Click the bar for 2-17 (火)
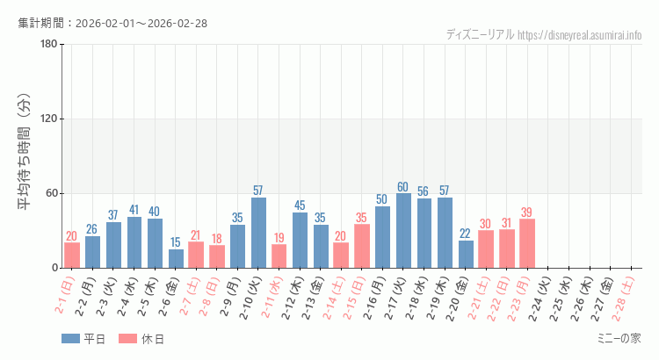coord(403,231)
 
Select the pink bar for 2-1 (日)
coord(72,256)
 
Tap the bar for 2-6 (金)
coord(176,259)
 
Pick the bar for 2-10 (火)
coord(258,233)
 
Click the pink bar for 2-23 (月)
coord(527,243)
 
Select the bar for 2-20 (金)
coord(466,254)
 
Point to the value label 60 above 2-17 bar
coord(403,187)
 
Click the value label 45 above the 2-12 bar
coord(300,205)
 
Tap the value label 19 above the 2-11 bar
coord(279,238)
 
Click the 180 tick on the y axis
coord(49,45)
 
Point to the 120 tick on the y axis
coord(49,119)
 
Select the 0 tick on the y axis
coord(54,268)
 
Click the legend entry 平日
coord(83,339)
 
